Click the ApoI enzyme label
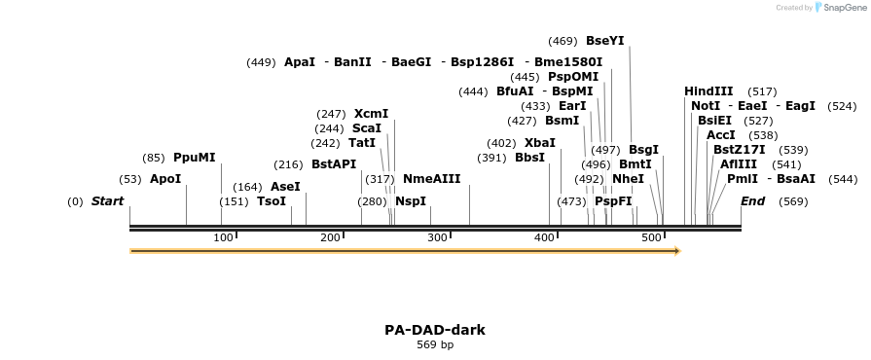pos(165,179)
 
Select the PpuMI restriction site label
pos(194,157)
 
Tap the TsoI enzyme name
pos(272,201)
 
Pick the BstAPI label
pos(334,163)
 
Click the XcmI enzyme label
pos(371,113)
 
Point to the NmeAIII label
pos(431,178)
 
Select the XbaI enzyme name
pos(540,142)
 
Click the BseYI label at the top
pos(604,41)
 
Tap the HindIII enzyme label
pos(708,91)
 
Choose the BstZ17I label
pos(739,149)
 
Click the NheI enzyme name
pos(628,179)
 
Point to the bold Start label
pos(107,201)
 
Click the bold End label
pos(752,201)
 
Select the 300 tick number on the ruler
pos(437,238)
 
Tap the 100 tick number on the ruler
pos(223,238)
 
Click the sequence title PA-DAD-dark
pos(435,330)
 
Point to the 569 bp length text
pos(435,344)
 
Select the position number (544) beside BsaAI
pos(843,179)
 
